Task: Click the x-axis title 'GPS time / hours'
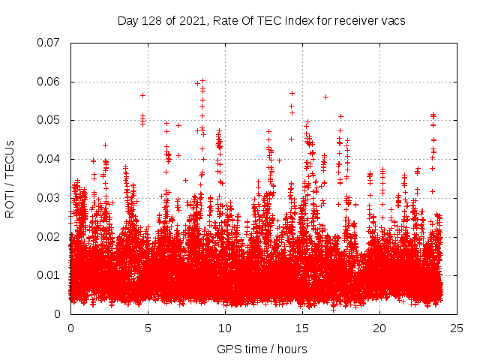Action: point(262,349)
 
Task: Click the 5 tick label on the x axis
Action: point(148,328)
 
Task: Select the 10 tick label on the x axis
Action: point(225,328)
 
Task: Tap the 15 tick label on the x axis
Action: point(302,328)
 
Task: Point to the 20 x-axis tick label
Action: point(379,328)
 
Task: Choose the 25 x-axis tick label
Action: point(457,328)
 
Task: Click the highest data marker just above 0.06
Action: point(202,80)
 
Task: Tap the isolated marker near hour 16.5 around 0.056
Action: point(325,97)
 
